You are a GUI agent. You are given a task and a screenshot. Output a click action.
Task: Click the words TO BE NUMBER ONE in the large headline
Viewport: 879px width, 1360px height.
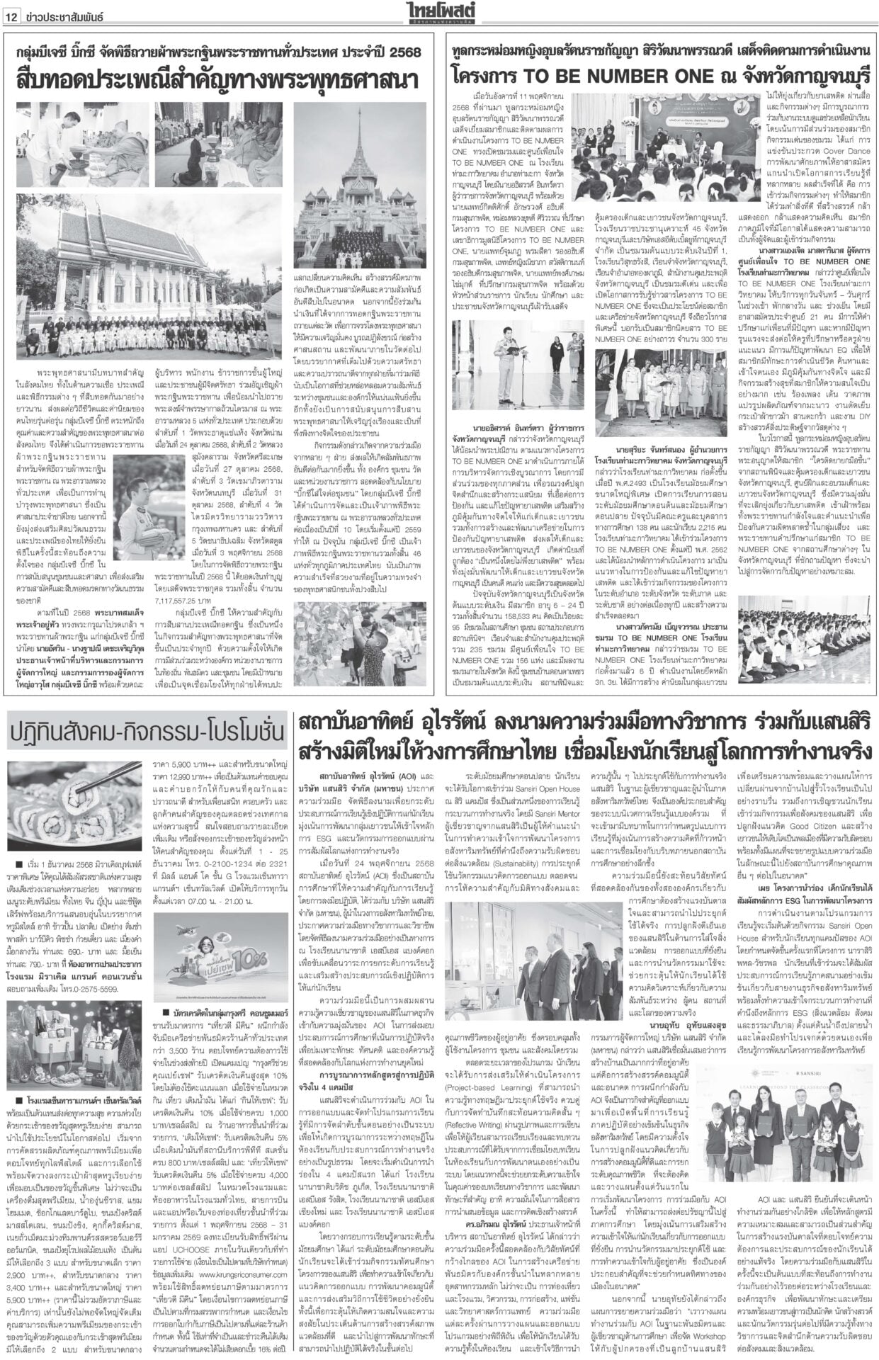[x=606, y=74]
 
